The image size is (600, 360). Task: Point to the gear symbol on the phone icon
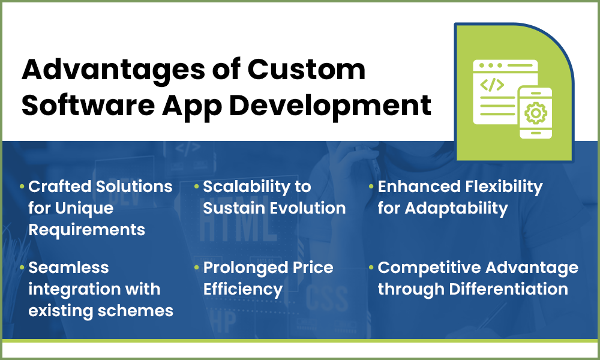[x=535, y=113]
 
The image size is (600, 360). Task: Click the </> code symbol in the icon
[x=493, y=85]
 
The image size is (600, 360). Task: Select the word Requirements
[x=86, y=229]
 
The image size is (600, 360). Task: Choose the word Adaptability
[x=456, y=208]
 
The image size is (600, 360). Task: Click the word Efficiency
[x=242, y=289]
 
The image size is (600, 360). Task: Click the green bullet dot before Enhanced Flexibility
[x=372, y=187]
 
